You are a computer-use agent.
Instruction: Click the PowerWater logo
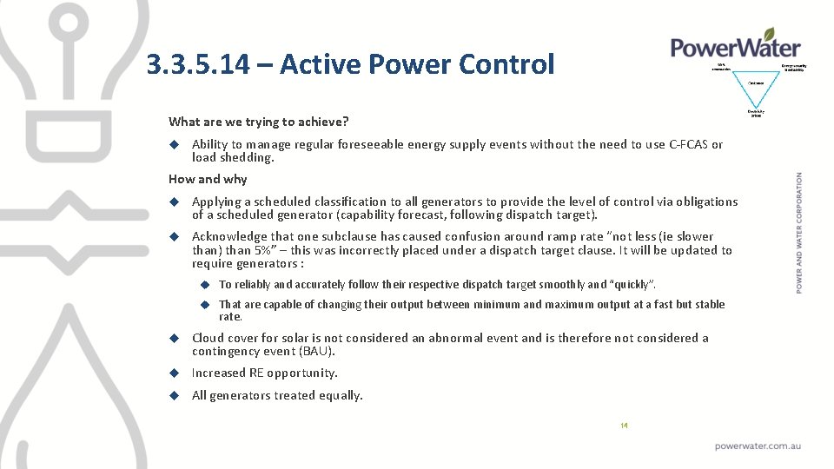(735, 45)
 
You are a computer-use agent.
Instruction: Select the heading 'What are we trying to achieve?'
(258, 122)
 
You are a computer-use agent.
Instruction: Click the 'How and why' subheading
(208, 179)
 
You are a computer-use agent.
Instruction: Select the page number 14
(624, 426)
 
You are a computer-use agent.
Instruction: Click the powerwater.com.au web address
(758, 446)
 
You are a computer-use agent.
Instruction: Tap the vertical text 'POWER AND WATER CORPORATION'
(799, 231)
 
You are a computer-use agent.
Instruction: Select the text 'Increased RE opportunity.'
(264, 373)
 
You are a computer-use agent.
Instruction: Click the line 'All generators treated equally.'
(277, 396)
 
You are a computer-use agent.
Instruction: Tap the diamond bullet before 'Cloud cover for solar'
(174, 338)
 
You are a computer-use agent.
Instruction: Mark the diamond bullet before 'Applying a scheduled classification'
(174, 201)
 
